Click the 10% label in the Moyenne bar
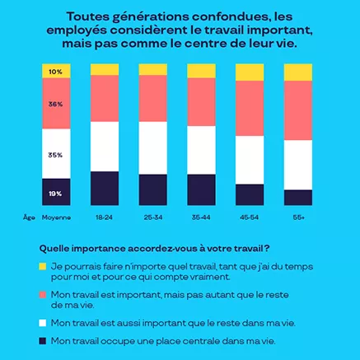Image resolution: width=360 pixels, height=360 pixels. coord(56,72)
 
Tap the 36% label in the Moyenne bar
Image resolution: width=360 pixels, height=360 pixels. coord(56,105)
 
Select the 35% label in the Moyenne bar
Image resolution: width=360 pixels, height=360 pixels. coord(56,154)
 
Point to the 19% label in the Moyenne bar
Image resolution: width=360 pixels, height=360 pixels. coord(56,193)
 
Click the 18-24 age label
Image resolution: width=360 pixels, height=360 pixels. coord(104,217)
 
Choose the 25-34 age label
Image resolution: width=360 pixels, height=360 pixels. coord(152,217)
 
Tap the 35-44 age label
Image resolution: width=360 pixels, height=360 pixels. coord(201,217)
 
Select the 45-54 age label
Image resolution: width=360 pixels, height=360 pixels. coord(250,217)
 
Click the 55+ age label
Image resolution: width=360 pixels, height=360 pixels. coord(298,217)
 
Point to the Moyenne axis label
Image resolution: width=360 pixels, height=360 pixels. coord(56,217)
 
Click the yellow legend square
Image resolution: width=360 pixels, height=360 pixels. coord(42,267)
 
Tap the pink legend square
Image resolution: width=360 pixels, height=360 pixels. coord(42,293)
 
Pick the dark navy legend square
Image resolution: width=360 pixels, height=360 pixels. coord(42,340)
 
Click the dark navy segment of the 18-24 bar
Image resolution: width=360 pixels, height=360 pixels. coord(104,188)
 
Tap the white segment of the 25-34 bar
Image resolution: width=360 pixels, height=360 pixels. coord(152,147)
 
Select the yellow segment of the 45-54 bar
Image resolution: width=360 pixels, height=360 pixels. coord(250,72)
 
